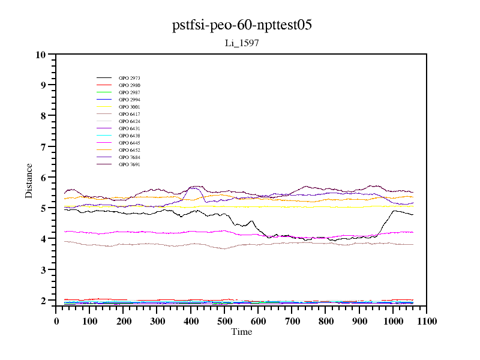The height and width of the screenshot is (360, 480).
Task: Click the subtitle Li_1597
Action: pyautogui.click(x=242, y=43)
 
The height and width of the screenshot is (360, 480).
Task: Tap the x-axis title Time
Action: pyautogui.click(x=242, y=332)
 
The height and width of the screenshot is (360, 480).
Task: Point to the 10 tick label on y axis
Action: pyautogui.click(x=41, y=55)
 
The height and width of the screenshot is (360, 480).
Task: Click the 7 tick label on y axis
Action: pyautogui.click(x=43, y=146)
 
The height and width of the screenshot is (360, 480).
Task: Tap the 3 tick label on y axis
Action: pyautogui.click(x=43, y=270)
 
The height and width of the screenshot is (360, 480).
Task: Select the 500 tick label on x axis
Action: pyautogui.click(x=224, y=322)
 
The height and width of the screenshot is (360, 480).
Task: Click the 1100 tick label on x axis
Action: pyautogui.click(x=427, y=322)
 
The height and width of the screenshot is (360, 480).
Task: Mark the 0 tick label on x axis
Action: pyautogui.click(x=56, y=322)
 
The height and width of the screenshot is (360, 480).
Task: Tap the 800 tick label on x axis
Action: pyautogui.click(x=325, y=322)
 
